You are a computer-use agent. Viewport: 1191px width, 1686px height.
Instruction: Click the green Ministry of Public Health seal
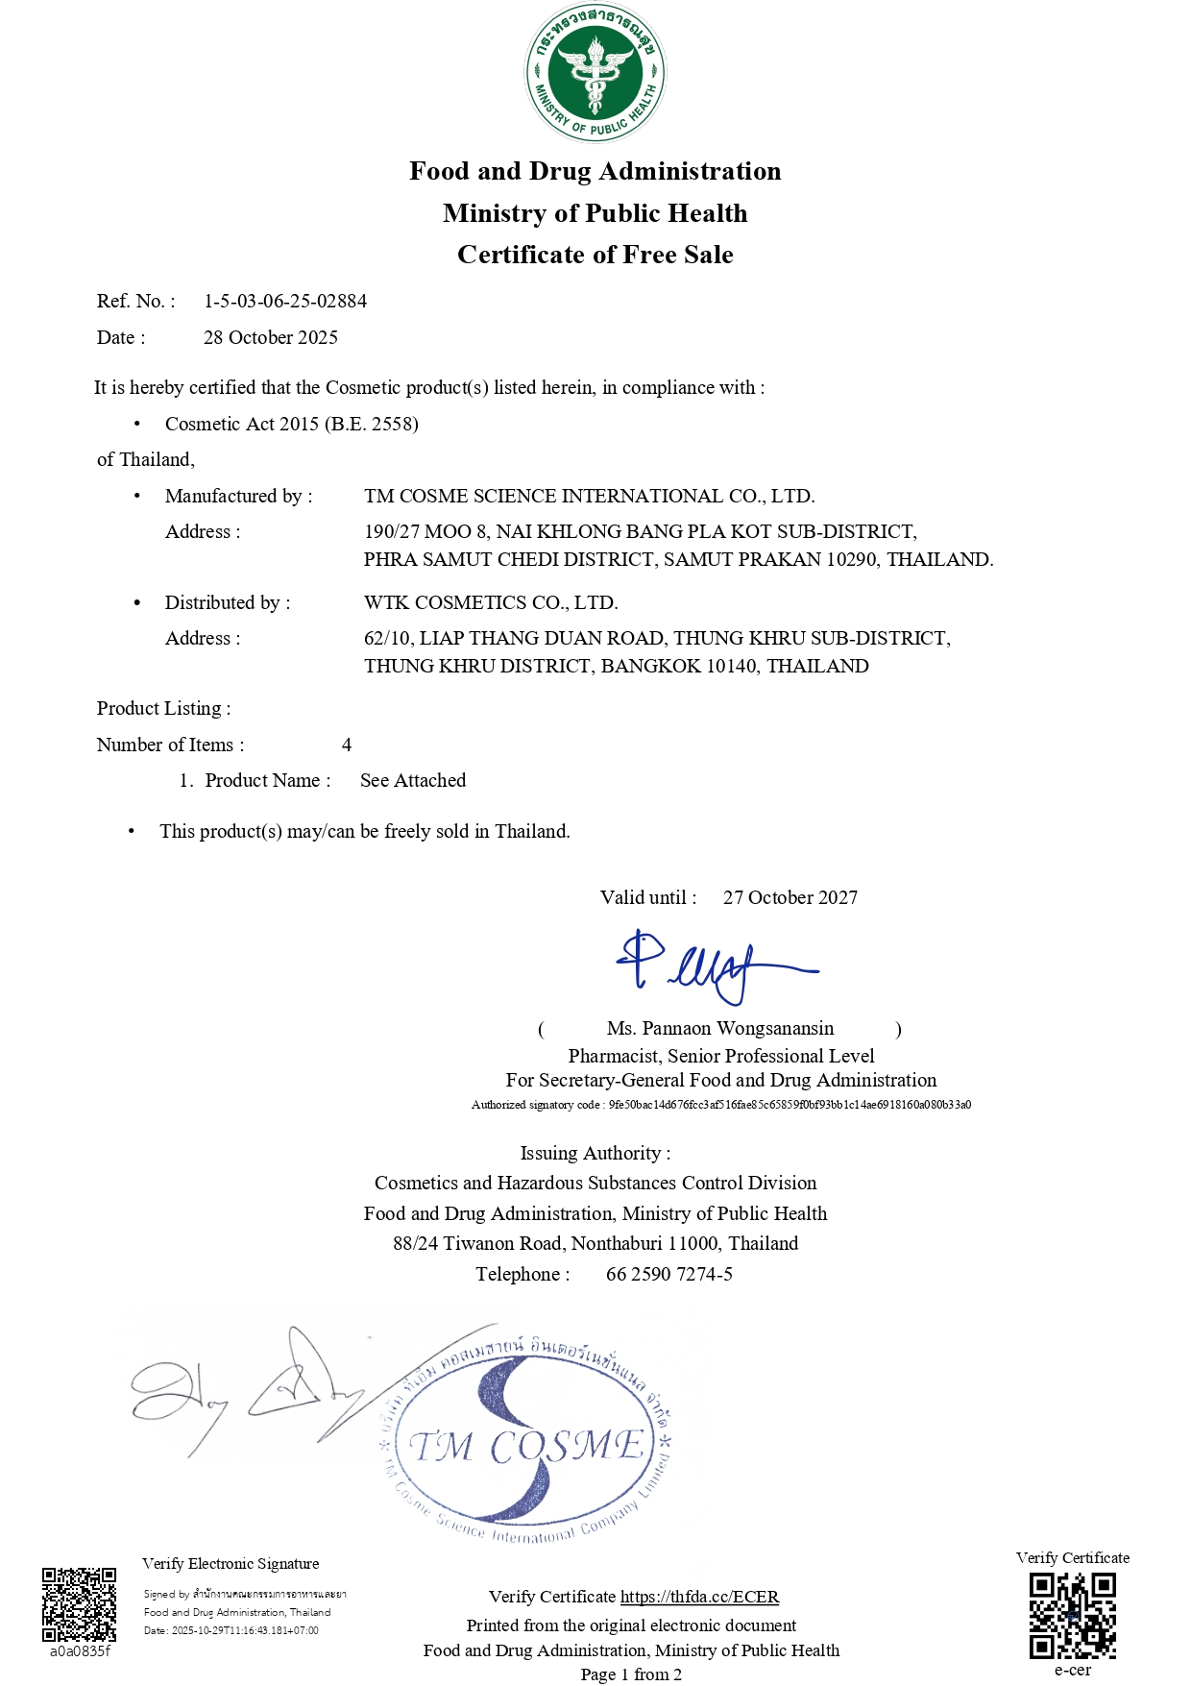[595, 72]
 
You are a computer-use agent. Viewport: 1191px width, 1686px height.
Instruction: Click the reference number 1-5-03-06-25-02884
[285, 301]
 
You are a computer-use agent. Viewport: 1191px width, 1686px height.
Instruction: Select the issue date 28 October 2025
[271, 337]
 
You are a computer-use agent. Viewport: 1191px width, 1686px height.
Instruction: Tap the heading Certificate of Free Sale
[595, 255]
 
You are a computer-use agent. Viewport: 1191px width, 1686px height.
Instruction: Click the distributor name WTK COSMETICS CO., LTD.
[491, 602]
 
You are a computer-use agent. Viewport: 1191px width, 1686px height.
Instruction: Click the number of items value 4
[347, 745]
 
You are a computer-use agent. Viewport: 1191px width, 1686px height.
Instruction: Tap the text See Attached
[413, 780]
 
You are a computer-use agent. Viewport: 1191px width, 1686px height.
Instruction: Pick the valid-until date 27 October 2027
[790, 897]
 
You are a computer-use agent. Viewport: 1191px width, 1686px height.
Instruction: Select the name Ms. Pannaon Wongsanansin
[720, 1029]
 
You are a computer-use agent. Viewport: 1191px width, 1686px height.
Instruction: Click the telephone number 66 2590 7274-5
[668, 1274]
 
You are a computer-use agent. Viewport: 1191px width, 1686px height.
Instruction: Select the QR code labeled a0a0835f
[79, 1605]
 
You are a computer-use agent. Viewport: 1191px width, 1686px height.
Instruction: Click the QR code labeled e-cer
[1072, 1616]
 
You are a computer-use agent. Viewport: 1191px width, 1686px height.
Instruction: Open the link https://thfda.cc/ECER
[699, 1597]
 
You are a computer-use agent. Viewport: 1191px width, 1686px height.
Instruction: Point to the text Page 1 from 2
[631, 1674]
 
